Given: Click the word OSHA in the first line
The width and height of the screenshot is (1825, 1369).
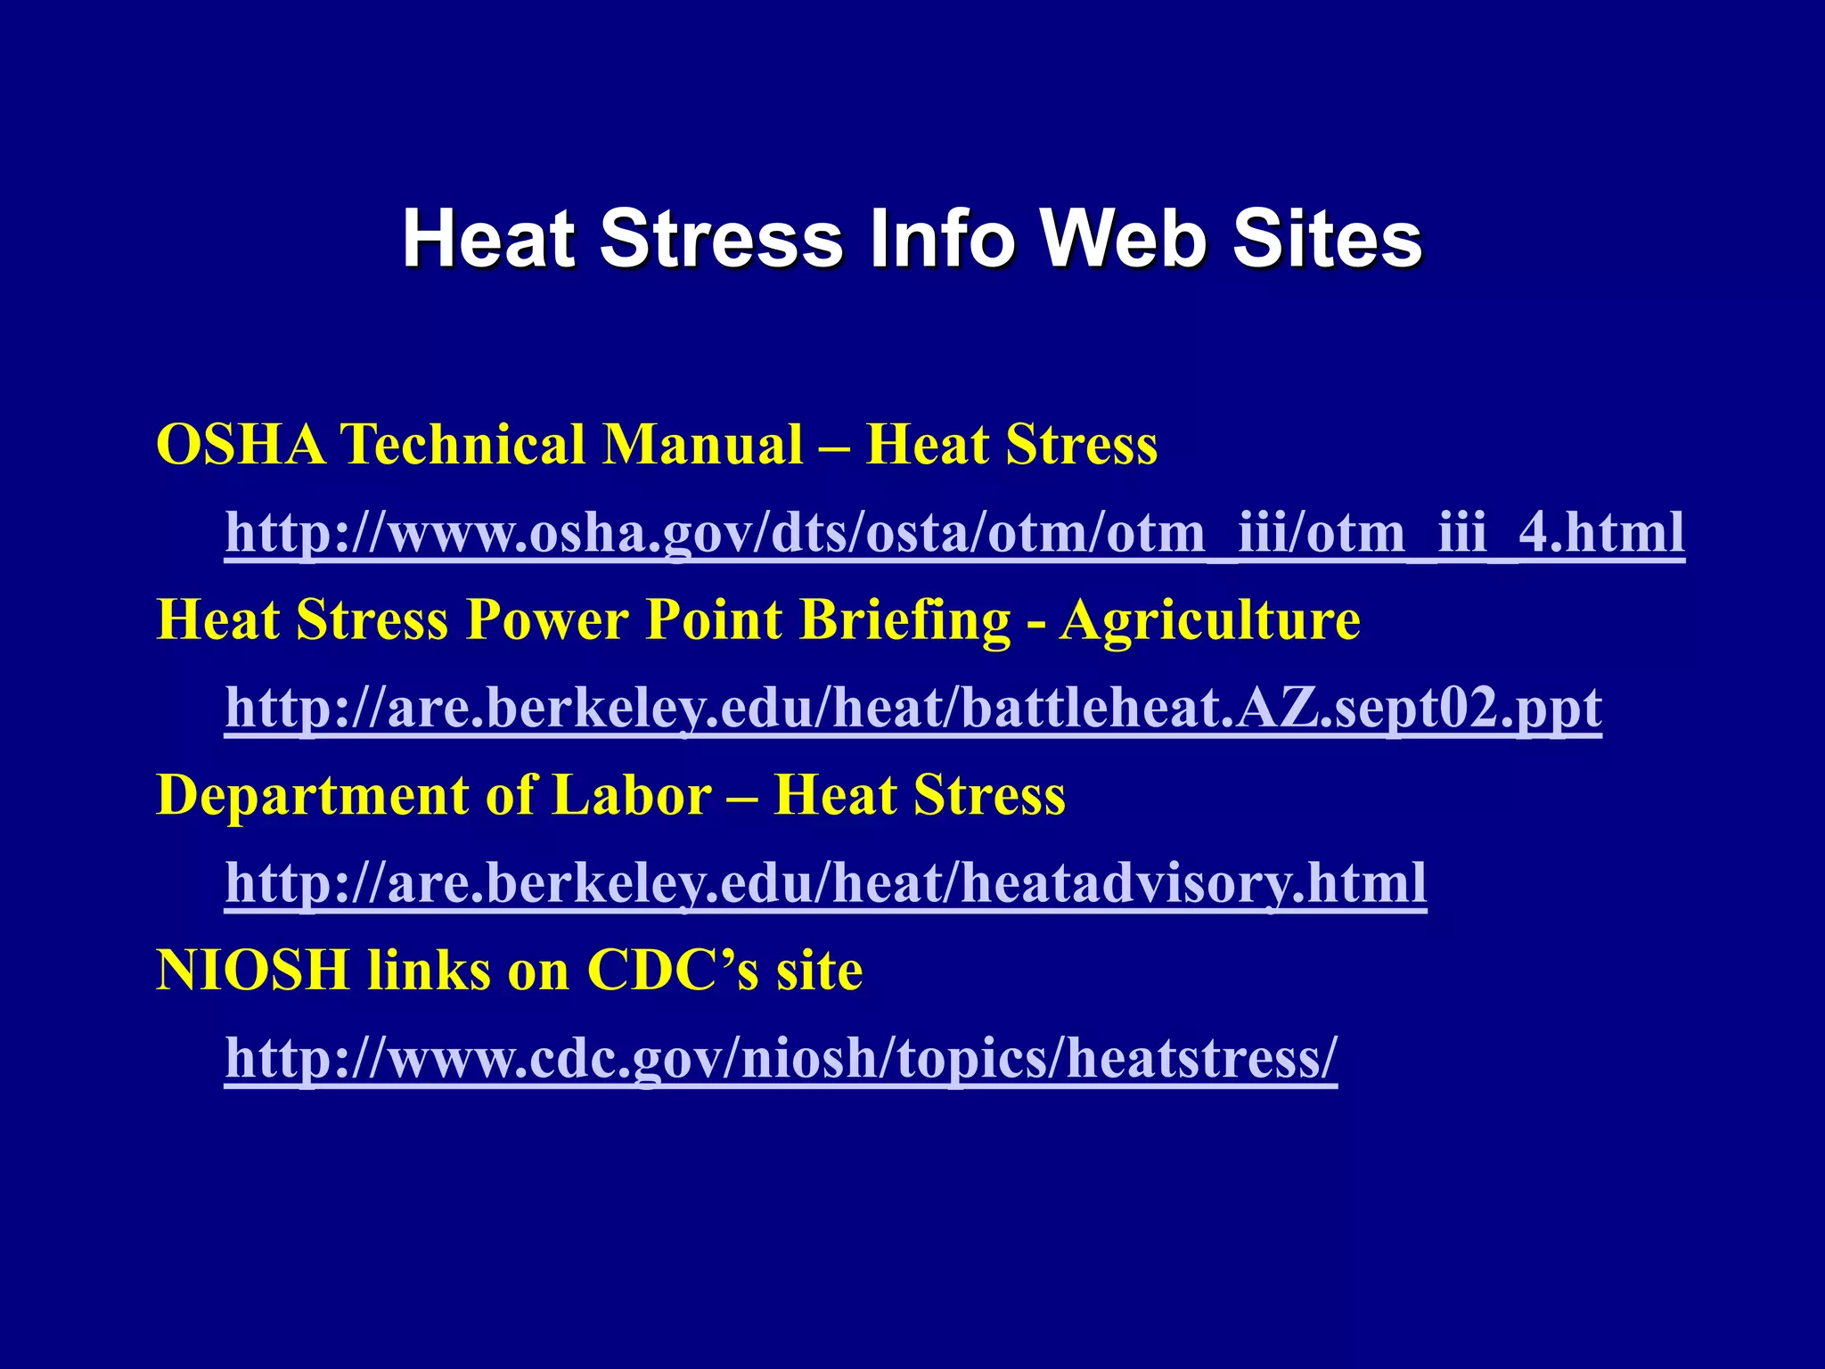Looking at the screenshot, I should click(241, 444).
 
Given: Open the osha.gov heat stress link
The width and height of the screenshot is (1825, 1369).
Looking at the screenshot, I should click(954, 533).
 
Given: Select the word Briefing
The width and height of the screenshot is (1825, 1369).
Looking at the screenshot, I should click(905, 619).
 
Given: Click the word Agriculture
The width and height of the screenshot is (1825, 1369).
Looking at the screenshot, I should click(1209, 619).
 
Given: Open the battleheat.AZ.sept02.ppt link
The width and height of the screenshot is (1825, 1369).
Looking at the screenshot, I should click(913, 709).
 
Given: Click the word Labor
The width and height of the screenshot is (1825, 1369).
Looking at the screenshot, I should click(632, 795).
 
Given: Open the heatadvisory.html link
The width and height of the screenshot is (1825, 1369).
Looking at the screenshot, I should click(825, 883).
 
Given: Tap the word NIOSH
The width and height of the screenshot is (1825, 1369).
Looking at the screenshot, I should click(252, 970).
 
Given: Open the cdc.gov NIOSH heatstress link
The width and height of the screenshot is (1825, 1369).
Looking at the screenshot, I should click(781, 1058).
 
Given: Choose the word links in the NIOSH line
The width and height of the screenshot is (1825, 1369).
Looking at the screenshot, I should click(429, 970).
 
